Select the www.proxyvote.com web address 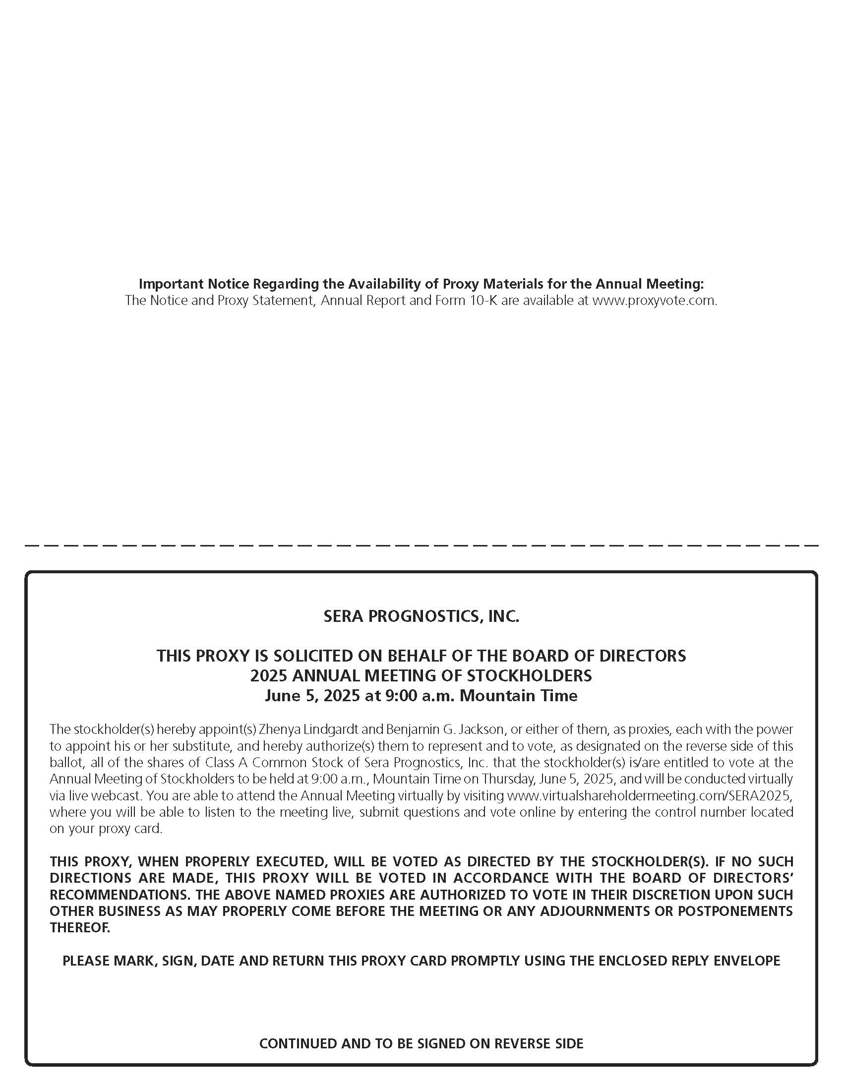tap(654, 301)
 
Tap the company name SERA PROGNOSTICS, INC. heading tap(421, 616)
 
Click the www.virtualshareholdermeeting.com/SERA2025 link tap(649, 795)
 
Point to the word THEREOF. tap(79, 928)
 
